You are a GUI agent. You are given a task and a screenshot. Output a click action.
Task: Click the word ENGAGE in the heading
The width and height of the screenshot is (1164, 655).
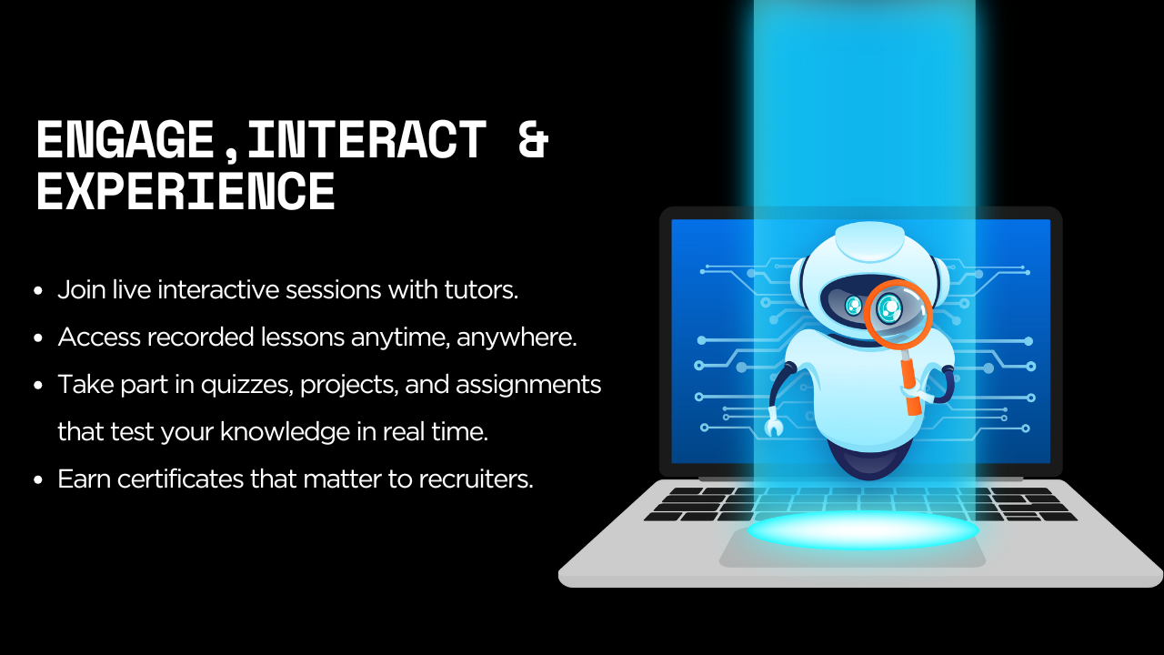pos(125,139)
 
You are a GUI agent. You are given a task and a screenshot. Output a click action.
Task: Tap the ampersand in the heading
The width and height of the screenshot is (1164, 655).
pos(533,139)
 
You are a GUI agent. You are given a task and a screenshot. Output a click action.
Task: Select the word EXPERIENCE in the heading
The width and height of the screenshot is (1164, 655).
pos(186,191)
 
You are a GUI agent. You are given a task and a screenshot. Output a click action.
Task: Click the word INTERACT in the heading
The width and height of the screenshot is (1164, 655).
pos(366,139)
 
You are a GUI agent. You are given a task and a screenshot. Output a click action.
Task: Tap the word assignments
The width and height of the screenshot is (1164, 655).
pos(528,385)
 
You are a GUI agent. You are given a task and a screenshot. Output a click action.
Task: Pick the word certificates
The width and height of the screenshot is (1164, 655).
pos(180,479)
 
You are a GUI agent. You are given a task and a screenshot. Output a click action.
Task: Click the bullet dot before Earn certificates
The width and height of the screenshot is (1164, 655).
pos(38,479)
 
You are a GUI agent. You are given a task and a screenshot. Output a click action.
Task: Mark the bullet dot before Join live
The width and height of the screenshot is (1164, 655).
pos(38,290)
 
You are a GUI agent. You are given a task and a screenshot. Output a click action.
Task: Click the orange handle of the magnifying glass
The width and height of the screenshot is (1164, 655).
pos(910,381)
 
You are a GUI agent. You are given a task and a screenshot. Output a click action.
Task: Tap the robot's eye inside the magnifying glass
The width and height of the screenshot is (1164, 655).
pos(889,308)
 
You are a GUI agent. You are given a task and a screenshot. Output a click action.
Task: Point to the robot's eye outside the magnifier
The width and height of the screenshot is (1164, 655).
pos(853,306)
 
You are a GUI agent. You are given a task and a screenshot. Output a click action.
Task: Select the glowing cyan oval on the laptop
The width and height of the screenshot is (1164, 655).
pos(863,529)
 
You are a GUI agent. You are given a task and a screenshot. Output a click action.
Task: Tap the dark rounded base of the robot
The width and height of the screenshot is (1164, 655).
pos(868,460)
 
